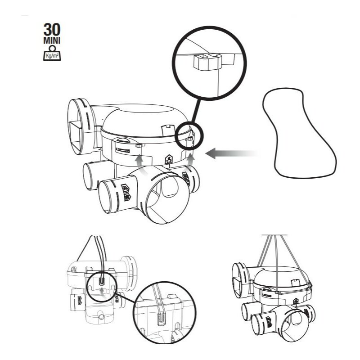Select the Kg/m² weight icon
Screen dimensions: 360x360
click(x=53, y=53)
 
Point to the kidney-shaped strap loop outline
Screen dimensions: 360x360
click(x=300, y=130)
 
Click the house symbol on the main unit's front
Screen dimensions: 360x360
click(x=169, y=158)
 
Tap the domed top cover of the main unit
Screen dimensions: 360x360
click(x=144, y=116)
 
